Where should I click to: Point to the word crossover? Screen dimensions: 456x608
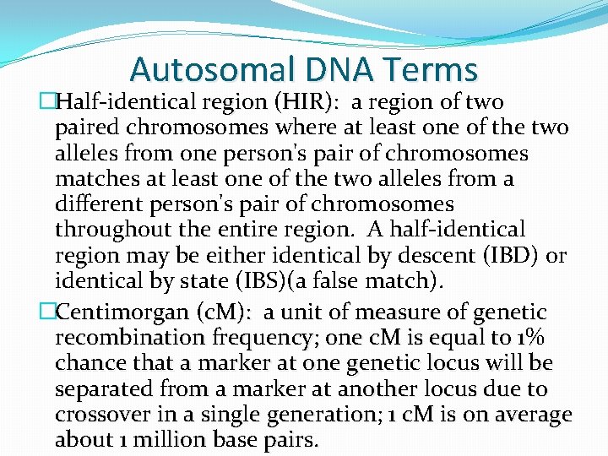point(105,415)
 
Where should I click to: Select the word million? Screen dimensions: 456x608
point(178,440)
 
